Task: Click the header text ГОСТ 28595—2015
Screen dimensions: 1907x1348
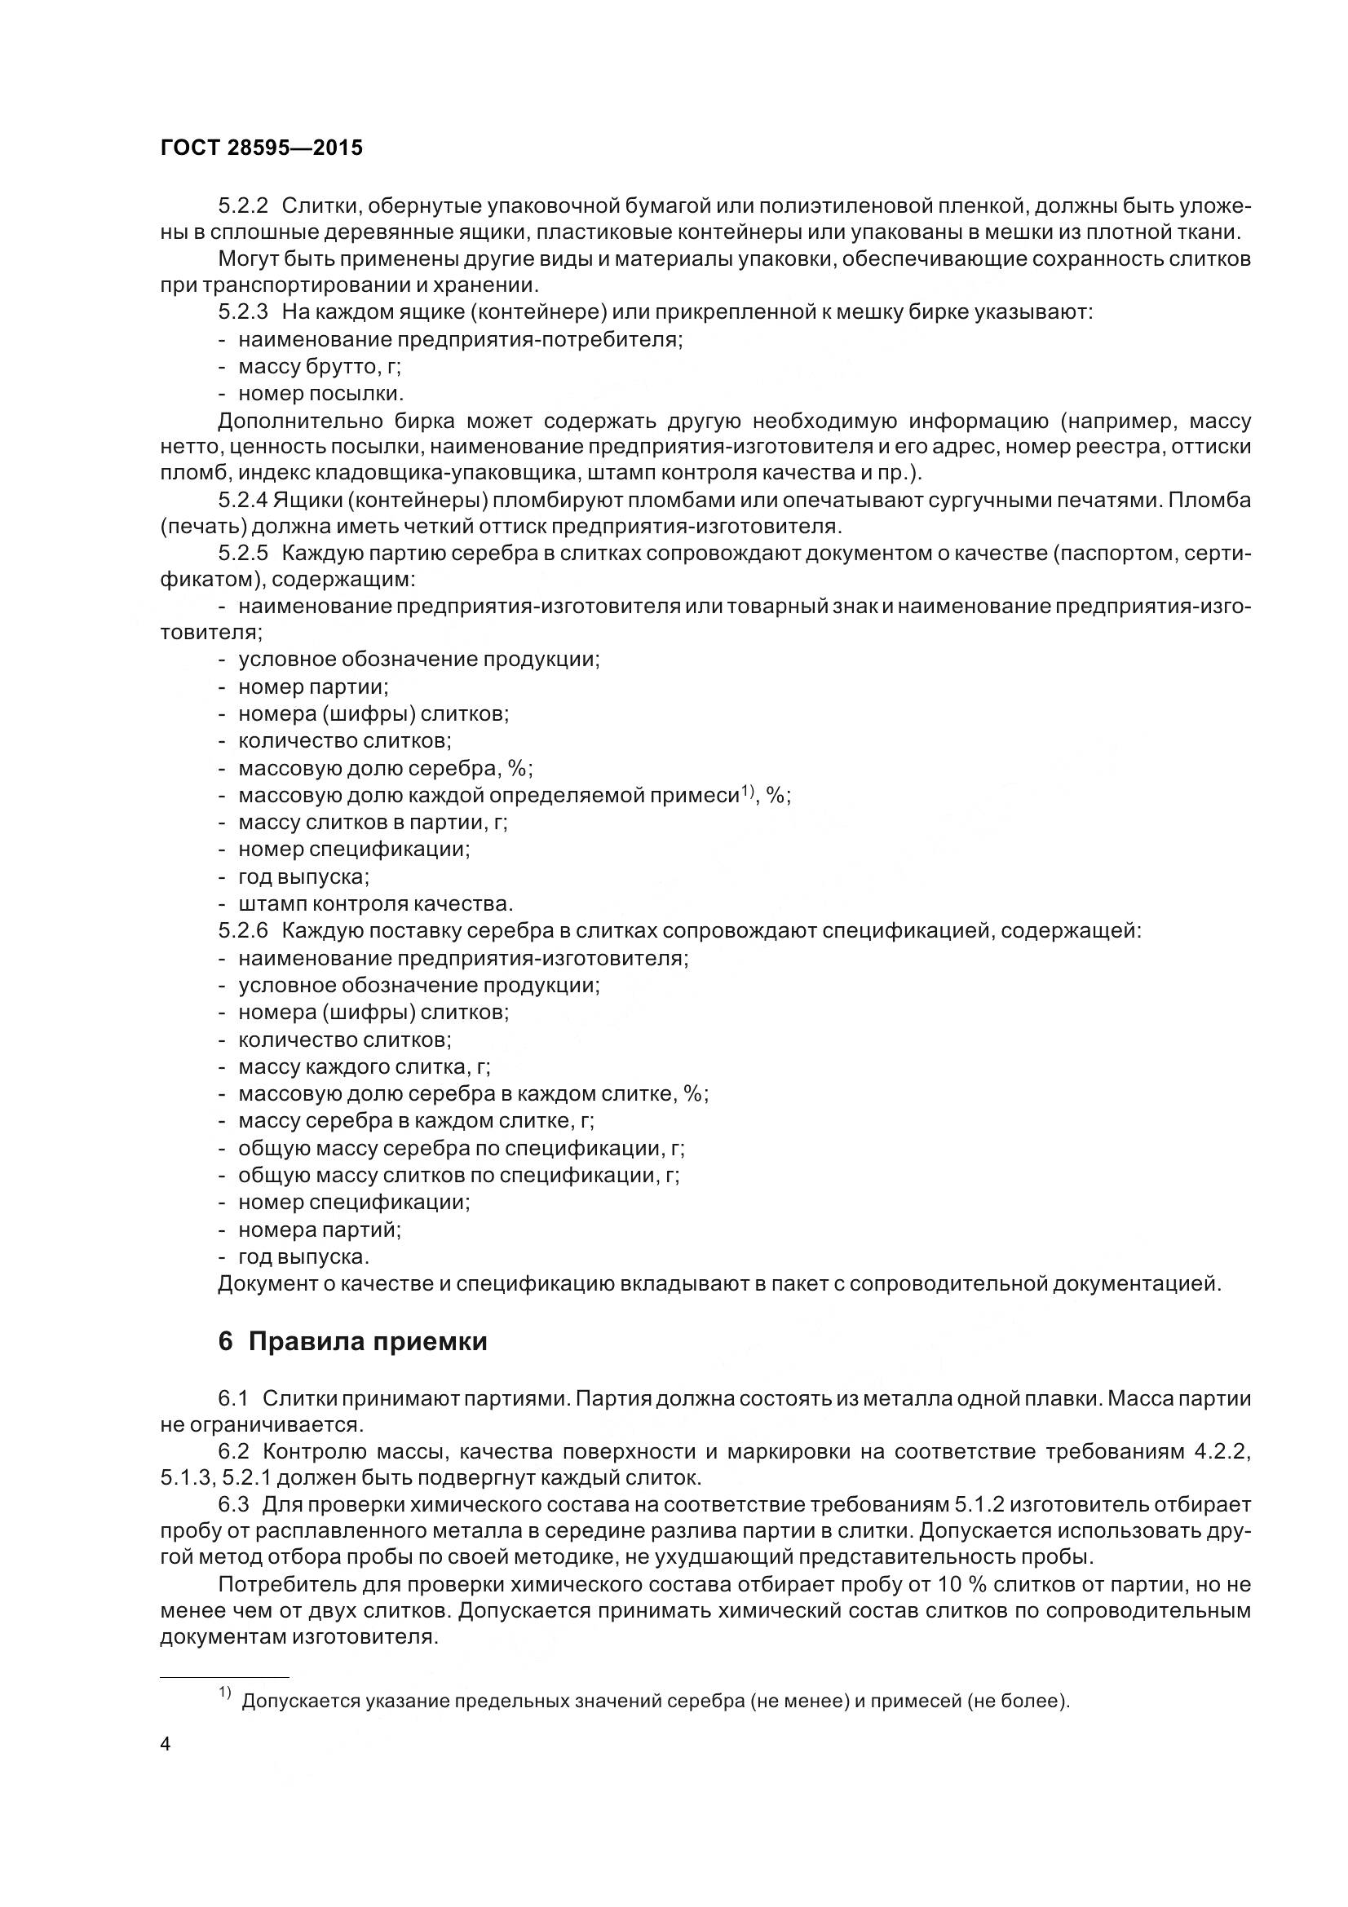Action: (262, 148)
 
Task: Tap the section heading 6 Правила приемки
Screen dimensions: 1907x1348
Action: (352, 1342)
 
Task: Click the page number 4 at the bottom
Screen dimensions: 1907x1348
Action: (165, 1744)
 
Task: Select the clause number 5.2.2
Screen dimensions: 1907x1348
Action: (242, 205)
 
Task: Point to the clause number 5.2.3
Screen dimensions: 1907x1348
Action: (242, 312)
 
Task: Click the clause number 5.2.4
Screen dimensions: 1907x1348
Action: (242, 501)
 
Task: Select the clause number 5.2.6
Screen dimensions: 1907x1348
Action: (242, 930)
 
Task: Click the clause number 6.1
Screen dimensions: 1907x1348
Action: (233, 1399)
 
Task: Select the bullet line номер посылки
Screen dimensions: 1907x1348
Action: (320, 394)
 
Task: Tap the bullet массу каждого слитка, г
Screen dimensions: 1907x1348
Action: (364, 1066)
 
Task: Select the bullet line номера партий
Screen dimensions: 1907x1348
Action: (319, 1229)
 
